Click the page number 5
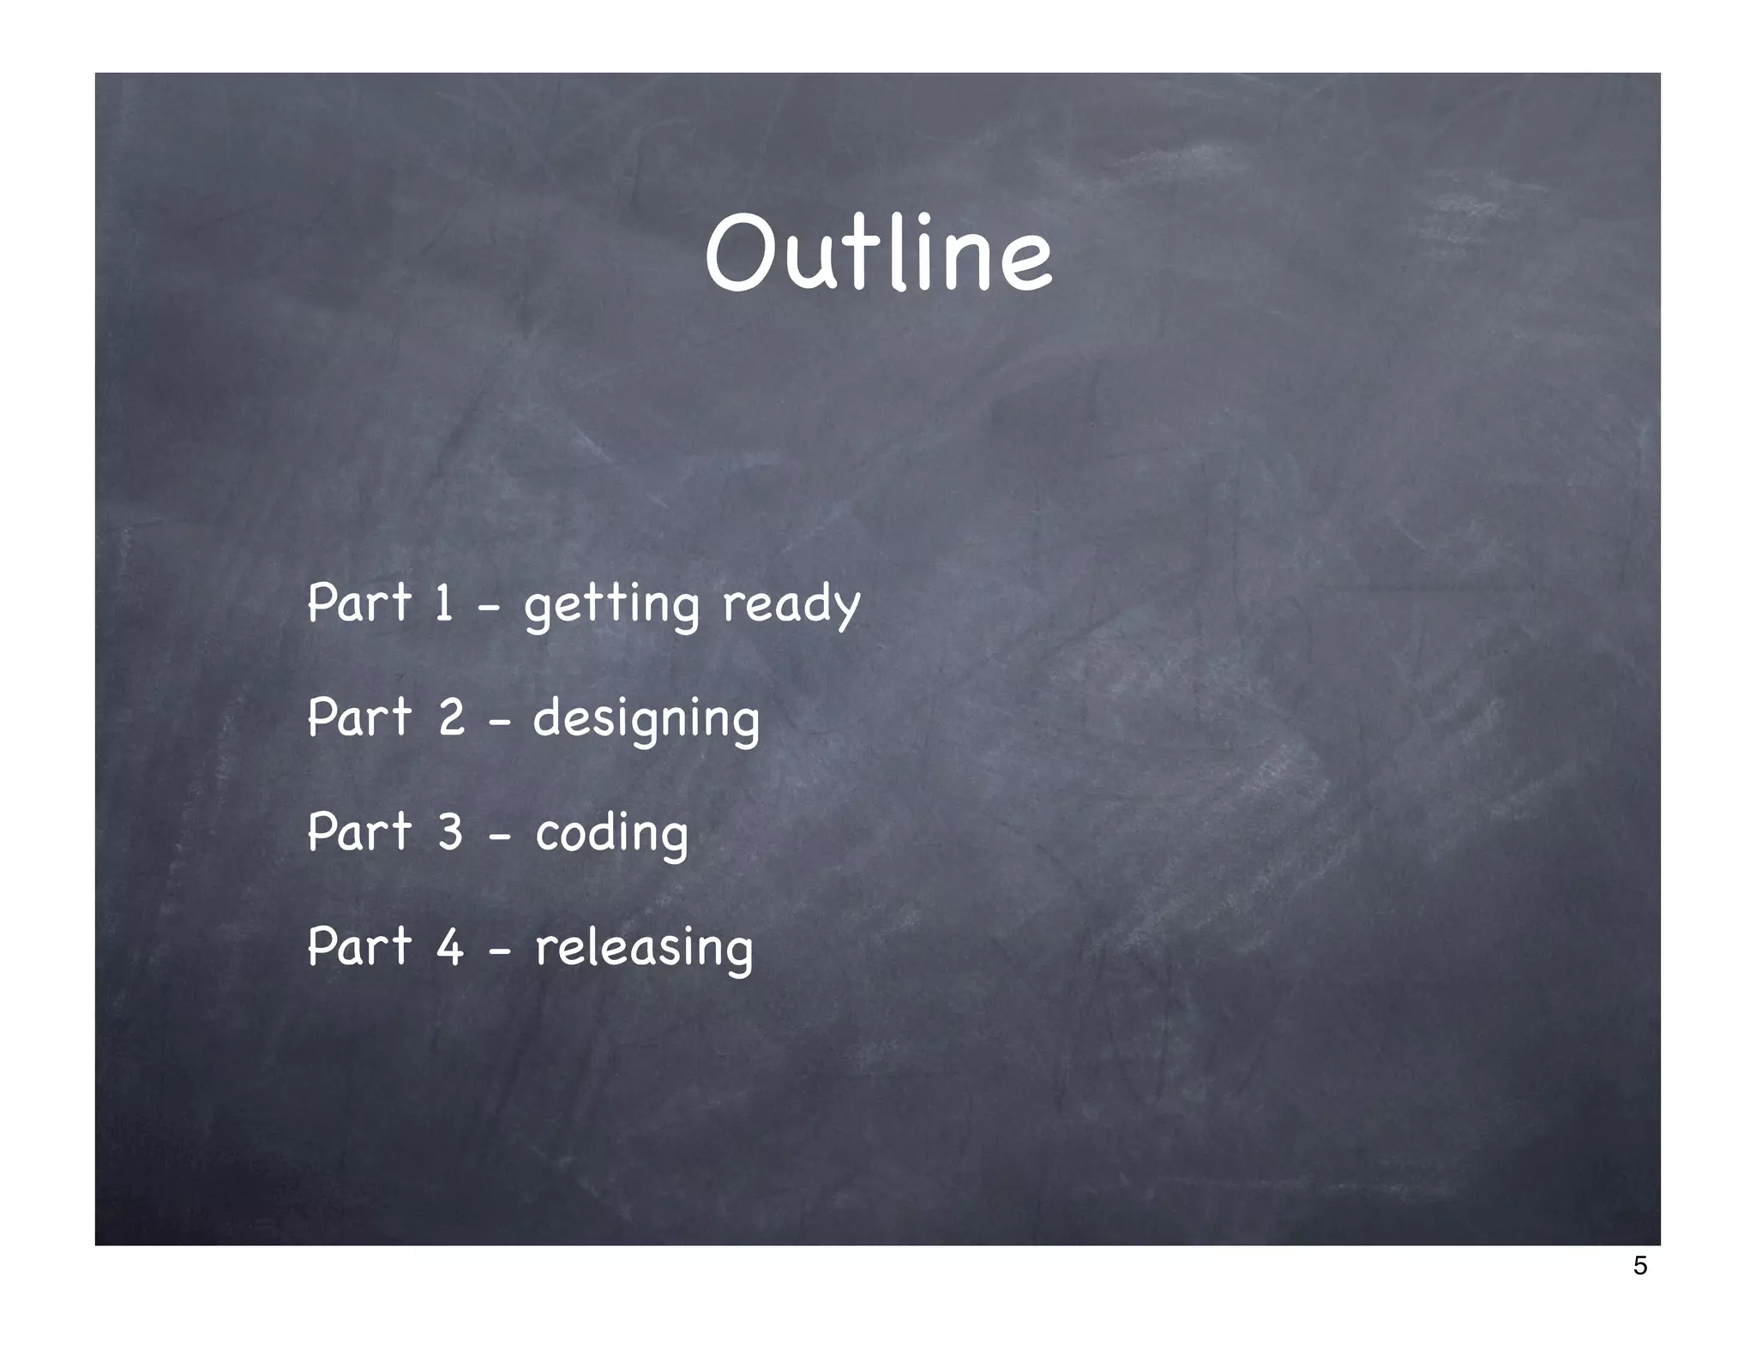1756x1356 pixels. click(1639, 1265)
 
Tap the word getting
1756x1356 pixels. click(611, 604)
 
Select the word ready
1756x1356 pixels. click(791, 604)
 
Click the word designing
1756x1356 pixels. click(646, 719)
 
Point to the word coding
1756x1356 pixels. click(611, 834)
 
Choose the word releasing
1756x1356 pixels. click(643, 948)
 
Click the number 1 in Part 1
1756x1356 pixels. click(443, 602)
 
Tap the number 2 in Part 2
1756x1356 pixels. click(451, 717)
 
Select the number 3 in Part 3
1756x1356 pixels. click(450, 831)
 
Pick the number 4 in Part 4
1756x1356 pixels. click(450, 946)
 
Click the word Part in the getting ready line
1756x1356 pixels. click(359, 602)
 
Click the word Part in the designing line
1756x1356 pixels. click(359, 717)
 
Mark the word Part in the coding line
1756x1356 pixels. click(359, 831)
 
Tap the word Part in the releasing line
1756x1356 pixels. click(359, 946)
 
